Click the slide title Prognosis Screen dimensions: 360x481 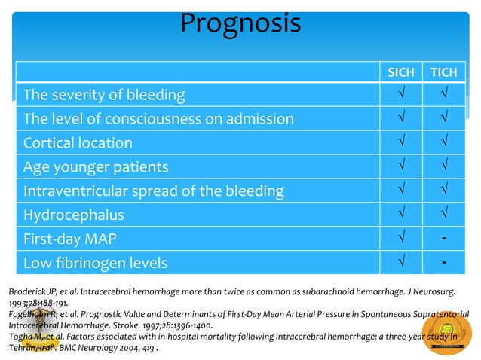[x=240, y=23]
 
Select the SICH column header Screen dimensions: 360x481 [x=400, y=72]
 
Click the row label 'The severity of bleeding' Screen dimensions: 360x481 [x=104, y=95]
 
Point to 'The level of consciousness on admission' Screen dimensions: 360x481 [x=158, y=119]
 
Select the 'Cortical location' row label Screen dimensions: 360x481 [x=78, y=143]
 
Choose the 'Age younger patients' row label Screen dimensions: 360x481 [x=96, y=167]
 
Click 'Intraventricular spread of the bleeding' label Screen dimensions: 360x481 [x=154, y=191]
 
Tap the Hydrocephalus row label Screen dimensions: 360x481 [x=74, y=215]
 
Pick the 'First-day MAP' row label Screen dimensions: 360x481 [x=73, y=239]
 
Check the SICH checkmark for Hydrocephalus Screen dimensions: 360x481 [x=400, y=215]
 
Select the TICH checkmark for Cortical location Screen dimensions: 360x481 [x=445, y=143]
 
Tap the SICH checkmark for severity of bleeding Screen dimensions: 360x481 [x=400, y=95]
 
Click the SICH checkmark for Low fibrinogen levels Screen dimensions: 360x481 [x=400, y=264]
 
